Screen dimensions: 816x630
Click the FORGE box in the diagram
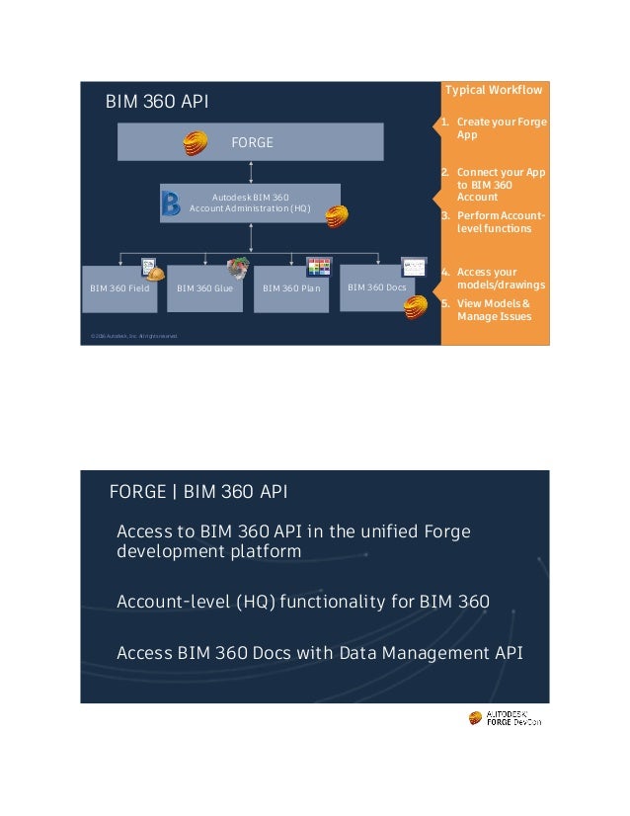click(250, 142)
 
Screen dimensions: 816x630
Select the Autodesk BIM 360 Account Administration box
click(250, 203)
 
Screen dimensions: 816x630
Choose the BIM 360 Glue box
click(204, 287)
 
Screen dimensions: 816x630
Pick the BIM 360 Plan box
click(290, 287)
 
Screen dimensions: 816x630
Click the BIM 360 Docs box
click(376, 286)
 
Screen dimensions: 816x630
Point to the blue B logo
click(171, 204)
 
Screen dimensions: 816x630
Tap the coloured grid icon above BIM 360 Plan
click(319, 267)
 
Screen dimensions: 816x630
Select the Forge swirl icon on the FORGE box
click(196, 143)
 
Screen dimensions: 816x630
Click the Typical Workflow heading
click(494, 91)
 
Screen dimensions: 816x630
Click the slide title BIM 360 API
click(157, 102)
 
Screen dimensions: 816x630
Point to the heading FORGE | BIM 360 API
click(198, 492)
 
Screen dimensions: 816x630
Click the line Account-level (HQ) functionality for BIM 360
click(303, 602)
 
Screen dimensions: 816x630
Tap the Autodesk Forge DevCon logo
click(505, 718)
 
